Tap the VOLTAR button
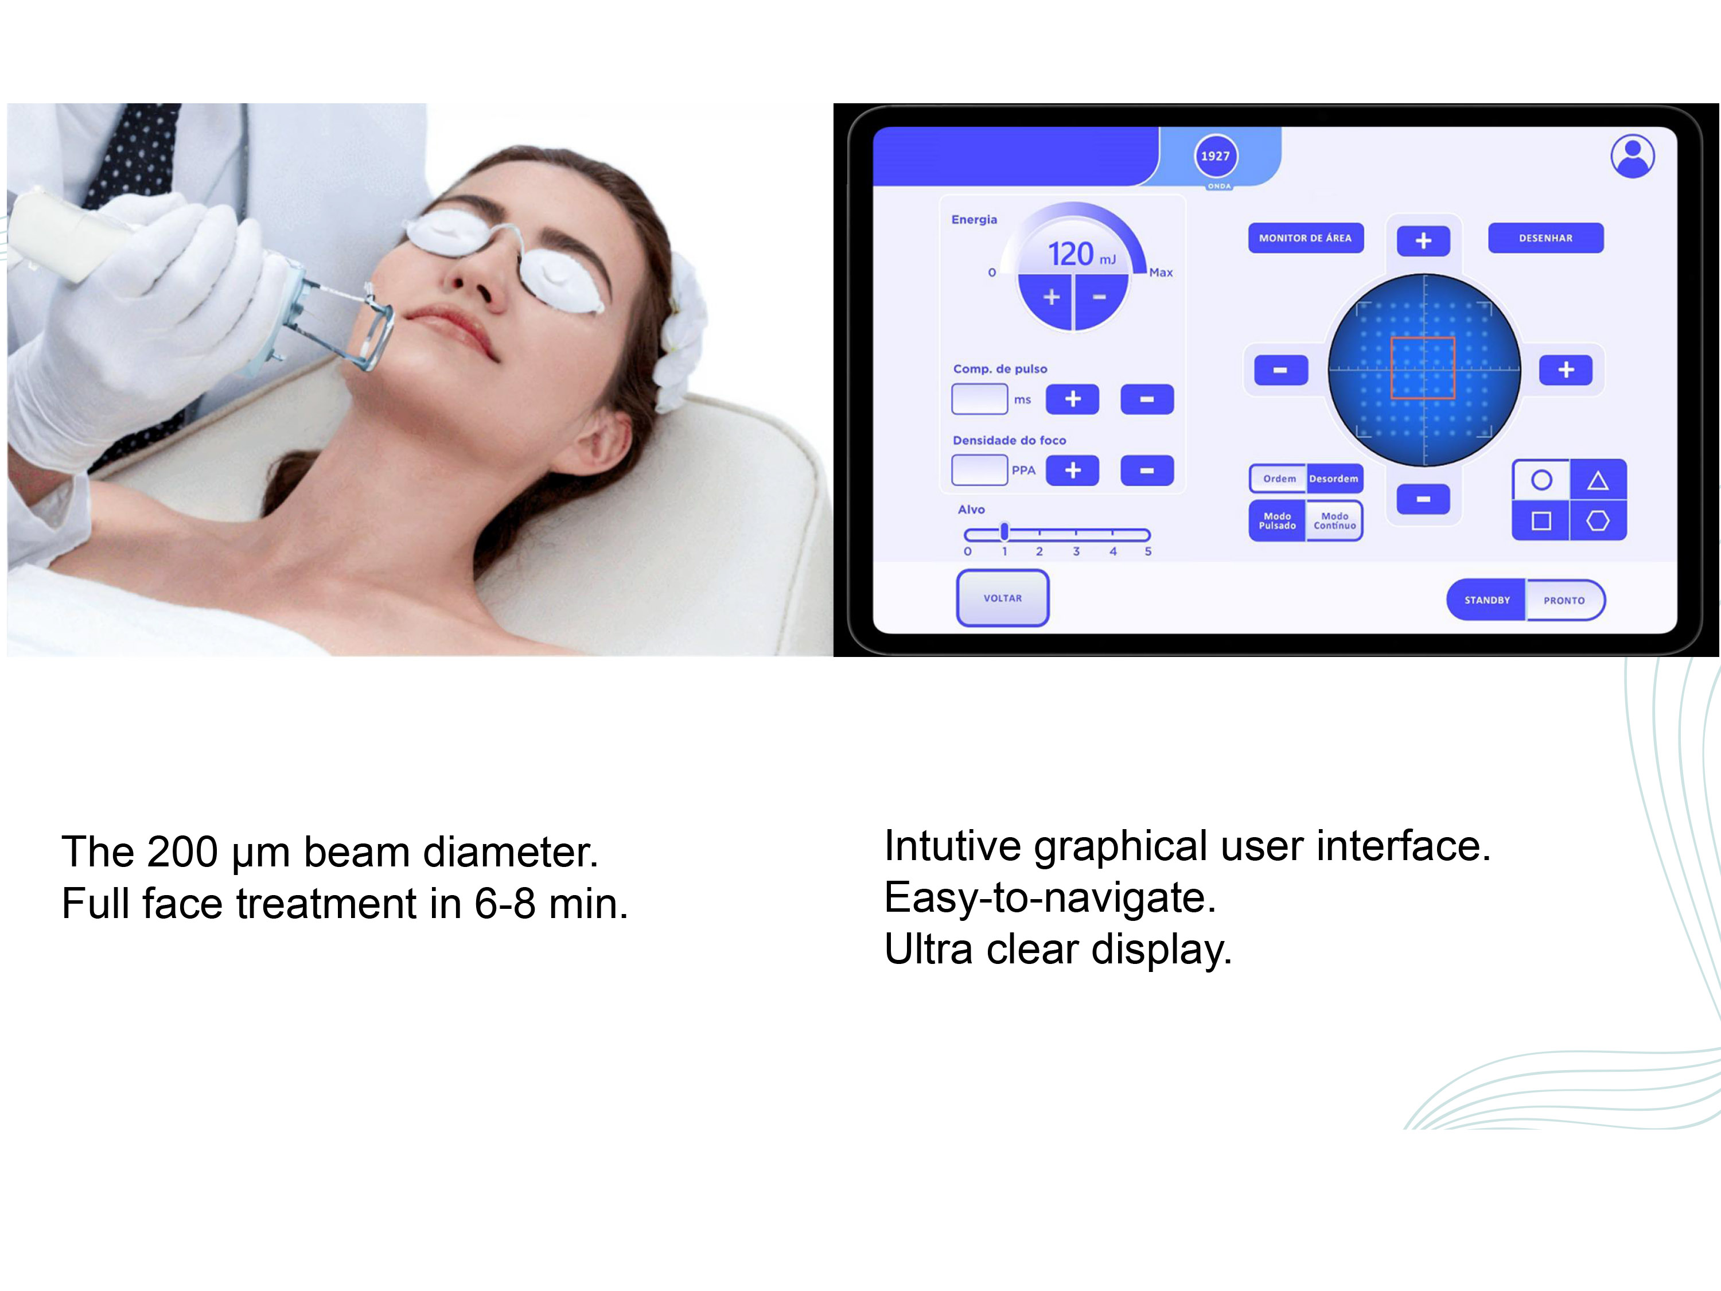[1002, 598]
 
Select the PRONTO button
[1564, 600]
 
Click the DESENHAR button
[1545, 238]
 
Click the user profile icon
[1632, 157]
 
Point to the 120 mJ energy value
[1081, 254]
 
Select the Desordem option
[1334, 479]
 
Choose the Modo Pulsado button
[1278, 520]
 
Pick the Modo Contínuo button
[1334, 520]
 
